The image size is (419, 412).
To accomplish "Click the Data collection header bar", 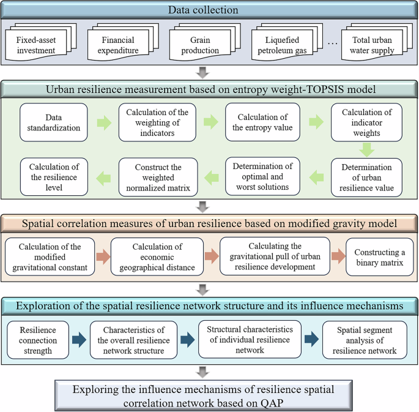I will point(209,9).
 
